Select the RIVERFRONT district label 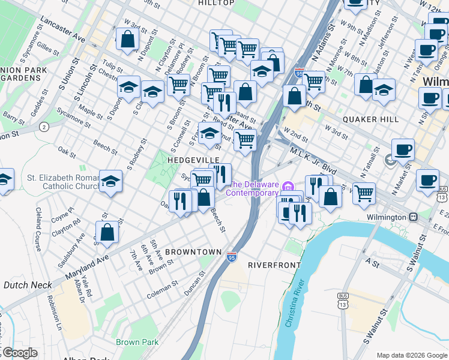click(274, 264)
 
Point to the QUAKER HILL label click(370, 119)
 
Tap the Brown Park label click(137, 342)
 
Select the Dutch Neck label click(23, 286)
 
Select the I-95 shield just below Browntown click(232, 257)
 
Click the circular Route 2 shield click(44, 127)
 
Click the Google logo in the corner click(19, 353)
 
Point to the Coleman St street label click(161, 288)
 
